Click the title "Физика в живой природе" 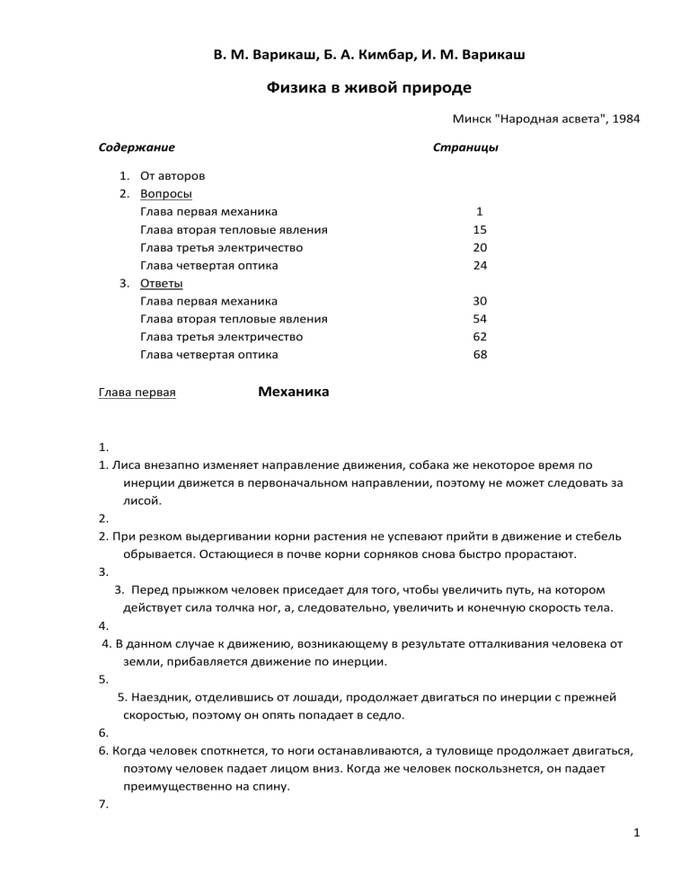[369, 88]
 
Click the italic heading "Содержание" [136, 146]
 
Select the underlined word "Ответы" [164, 284]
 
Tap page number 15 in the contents [480, 230]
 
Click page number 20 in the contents [480, 248]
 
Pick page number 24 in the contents [480, 266]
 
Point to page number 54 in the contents [480, 319]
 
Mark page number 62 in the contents [480, 337]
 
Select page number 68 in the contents [480, 355]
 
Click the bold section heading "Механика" [293, 392]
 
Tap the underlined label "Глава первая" [136, 393]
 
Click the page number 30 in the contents [480, 301]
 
